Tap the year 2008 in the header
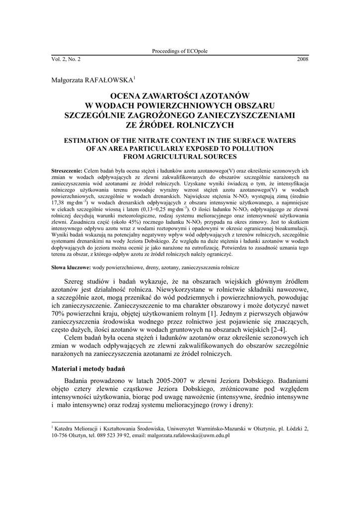click(x=303, y=60)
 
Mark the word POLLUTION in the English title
click(x=249, y=148)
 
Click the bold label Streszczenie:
click(x=68, y=170)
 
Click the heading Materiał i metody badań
click(x=88, y=369)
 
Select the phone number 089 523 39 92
click(x=113, y=435)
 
